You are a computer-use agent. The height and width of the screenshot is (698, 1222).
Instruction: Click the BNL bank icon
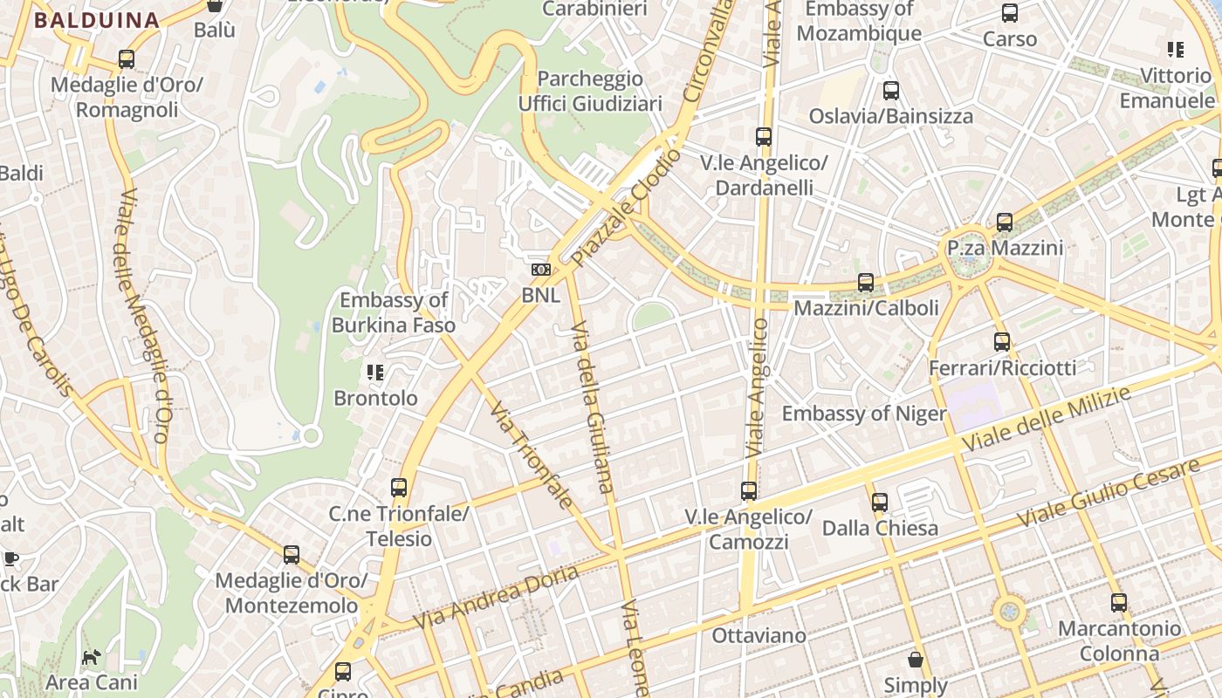click(541, 270)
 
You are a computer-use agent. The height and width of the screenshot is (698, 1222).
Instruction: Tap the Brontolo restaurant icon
click(375, 373)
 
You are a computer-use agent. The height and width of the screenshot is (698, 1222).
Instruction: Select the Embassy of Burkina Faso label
click(394, 312)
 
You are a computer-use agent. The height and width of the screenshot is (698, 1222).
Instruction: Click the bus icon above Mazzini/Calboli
click(865, 283)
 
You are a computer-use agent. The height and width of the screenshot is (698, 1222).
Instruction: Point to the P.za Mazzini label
click(1006, 248)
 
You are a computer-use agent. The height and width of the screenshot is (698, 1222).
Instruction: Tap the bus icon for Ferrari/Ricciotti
click(1002, 342)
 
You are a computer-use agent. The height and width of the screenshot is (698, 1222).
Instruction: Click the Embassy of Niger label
click(864, 414)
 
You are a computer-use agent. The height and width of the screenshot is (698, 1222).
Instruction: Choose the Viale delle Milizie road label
click(1047, 420)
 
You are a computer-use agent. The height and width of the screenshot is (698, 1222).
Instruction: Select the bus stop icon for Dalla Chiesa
click(879, 503)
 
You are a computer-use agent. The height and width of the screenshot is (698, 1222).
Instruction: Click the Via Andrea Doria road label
click(496, 597)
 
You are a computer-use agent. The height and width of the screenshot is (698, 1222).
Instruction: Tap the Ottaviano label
click(759, 635)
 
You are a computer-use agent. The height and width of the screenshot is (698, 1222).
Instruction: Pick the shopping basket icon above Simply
click(916, 660)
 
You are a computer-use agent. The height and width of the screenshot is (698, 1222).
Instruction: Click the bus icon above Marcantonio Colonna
click(1118, 602)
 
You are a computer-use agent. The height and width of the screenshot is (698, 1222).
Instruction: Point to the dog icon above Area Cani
click(91, 656)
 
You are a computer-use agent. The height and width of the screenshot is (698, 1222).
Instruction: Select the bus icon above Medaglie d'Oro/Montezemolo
click(292, 555)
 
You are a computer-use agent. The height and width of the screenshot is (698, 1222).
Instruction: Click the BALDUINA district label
click(97, 20)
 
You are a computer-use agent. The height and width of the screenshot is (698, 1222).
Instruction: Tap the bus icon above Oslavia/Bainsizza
click(890, 90)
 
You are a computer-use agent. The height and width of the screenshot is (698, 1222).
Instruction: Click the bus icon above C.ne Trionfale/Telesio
click(399, 488)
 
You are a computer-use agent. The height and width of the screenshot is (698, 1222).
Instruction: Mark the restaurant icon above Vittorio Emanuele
click(1176, 50)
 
